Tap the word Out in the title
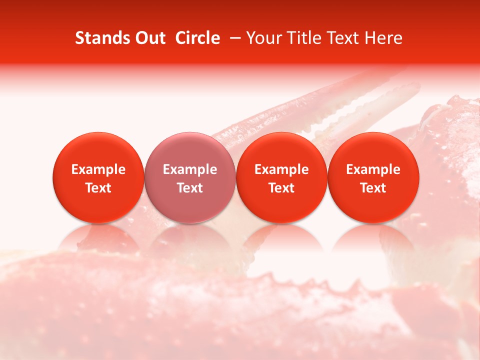coord(149,38)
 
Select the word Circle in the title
coord(197,38)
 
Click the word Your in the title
coord(262,38)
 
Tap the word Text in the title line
coord(341,38)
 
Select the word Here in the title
coord(383,38)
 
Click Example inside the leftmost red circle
coord(98,169)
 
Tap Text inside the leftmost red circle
coord(98,188)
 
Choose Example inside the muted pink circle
coord(190,169)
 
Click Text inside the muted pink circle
coord(190,188)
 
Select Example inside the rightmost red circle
coord(373,169)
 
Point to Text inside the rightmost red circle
coord(373,188)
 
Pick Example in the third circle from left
coord(282,169)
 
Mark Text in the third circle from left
coord(282,188)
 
